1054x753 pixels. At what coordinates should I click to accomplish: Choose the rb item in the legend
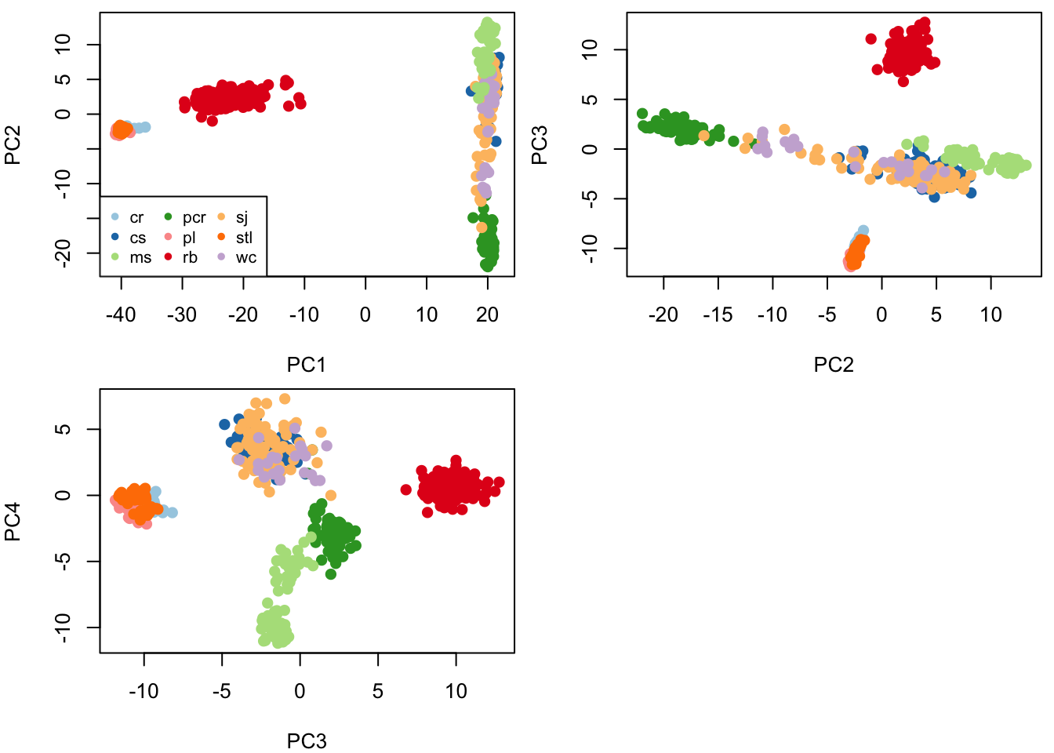190,257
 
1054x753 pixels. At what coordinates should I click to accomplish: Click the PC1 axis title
307,365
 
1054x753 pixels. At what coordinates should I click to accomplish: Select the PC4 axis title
13,521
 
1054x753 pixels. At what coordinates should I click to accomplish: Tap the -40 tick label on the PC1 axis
121,315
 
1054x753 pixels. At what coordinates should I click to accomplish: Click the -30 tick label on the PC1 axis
182,315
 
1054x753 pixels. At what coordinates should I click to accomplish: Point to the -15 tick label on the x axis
718,315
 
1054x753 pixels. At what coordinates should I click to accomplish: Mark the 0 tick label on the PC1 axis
365,315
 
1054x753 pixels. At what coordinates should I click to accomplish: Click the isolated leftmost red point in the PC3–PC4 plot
406,489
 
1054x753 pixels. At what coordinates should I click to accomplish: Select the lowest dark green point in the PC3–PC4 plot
331,574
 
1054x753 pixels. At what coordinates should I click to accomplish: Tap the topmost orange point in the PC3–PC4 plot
285,398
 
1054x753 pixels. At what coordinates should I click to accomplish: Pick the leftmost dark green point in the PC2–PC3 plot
642,114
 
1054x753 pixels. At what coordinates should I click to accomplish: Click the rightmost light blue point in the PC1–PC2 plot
145,127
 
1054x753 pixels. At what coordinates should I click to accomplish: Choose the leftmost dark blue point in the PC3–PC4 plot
224,424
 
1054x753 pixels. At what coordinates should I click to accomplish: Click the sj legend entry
242,218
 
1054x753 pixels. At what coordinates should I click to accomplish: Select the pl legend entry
189,238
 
